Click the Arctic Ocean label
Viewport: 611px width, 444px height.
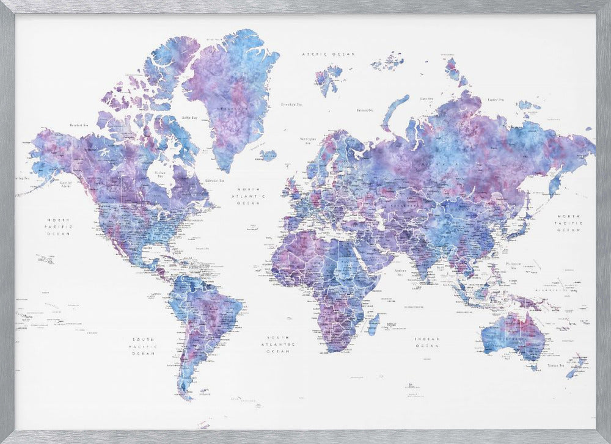click(329, 54)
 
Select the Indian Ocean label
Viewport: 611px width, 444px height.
click(427, 343)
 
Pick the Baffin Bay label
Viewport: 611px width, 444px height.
click(189, 117)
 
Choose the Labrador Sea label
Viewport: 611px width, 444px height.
click(214, 180)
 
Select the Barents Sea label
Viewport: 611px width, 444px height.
click(365, 111)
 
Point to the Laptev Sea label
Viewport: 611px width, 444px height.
click(494, 99)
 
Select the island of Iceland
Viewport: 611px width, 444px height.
click(268, 155)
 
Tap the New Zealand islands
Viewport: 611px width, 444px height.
click(576, 368)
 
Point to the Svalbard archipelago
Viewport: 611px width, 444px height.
click(328, 78)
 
